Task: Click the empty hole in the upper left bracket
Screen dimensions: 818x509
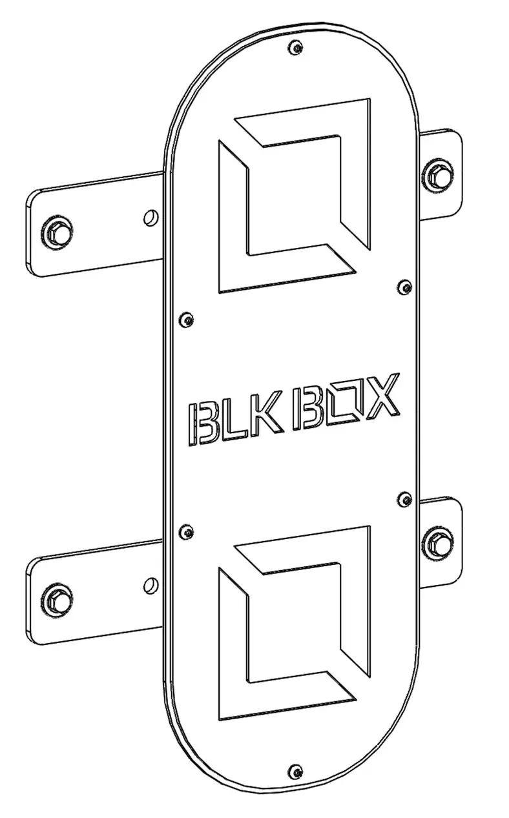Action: point(151,216)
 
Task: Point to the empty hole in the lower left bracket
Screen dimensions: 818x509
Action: point(151,585)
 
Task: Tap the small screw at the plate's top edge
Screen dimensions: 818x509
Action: point(296,47)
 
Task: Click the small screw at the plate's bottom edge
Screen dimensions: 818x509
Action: point(296,770)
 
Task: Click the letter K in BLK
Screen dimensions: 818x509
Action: point(266,413)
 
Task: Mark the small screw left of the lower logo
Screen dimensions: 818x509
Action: point(186,531)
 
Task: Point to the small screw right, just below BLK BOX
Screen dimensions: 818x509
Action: point(405,498)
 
